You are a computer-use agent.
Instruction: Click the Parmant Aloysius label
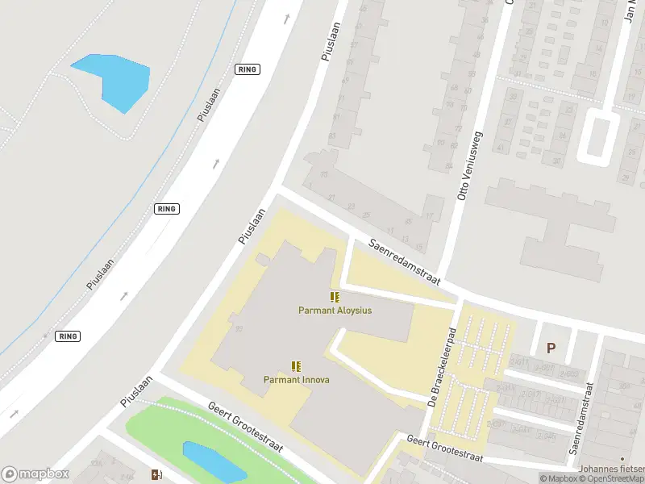pos(335,311)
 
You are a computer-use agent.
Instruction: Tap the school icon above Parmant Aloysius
pos(335,297)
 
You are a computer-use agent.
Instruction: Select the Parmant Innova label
pos(296,379)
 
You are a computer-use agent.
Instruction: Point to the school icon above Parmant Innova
pos(296,365)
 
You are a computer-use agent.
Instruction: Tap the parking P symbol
pos(551,348)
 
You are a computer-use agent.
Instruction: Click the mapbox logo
pos(35,474)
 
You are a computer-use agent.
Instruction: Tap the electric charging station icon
pos(156,474)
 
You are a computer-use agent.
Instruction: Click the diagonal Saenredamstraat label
pos(404,261)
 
